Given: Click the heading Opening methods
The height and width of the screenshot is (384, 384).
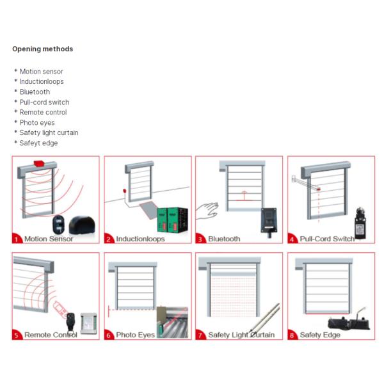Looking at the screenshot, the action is point(43,49).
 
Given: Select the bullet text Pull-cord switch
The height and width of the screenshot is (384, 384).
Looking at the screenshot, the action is point(45,102).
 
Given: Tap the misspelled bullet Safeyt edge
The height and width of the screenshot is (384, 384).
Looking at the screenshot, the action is point(38,143).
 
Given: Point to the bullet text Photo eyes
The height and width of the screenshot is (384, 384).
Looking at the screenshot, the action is point(37,122).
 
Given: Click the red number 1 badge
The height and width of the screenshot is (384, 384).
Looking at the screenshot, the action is point(17,239).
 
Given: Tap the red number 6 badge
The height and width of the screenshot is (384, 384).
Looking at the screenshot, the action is point(109,335).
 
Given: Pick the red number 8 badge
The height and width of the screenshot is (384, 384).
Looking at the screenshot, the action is point(292,335).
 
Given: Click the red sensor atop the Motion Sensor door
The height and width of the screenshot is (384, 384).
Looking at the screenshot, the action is point(38,163).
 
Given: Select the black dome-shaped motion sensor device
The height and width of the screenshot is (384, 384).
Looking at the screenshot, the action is point(82,225).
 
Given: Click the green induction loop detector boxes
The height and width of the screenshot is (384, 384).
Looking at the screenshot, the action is point(172,220).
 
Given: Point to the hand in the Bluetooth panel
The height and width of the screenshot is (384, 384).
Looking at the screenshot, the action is point(207,211).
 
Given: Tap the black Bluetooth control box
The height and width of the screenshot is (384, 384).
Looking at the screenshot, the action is point(269,222).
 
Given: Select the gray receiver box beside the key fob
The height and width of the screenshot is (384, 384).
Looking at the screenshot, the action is point(89,323).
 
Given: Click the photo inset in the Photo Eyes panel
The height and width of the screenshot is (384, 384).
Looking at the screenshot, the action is point(172,322).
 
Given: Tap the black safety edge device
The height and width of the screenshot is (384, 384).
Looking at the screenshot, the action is point(349,323).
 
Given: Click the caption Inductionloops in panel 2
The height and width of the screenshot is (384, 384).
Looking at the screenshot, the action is point(140,239).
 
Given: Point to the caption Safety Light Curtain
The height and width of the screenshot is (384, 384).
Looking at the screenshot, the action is point(241,335).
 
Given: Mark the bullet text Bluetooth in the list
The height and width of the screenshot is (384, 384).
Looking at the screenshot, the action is point(35,92).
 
